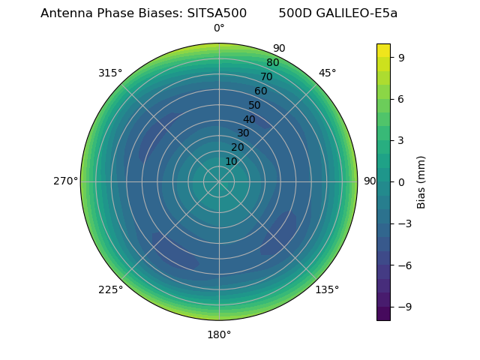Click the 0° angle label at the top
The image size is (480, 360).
tap(219, 28)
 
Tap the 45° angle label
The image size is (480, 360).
tap(327, 73)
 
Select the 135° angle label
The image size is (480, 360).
tap(327, 289)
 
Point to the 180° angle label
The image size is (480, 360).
tap(219, 334)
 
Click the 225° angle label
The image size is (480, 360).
tap(110, 289)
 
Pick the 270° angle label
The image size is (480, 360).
tap(65, 181)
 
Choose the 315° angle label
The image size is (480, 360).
tap(110, 73)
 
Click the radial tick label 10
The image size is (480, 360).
tap(231, 161)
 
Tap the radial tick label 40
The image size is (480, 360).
tap(249, 119)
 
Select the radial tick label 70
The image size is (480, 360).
tap(266, 77)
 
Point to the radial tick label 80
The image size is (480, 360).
tap(272, 63)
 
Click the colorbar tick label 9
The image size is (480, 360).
tap(402, 57)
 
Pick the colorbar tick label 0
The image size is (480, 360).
tap(402, 181)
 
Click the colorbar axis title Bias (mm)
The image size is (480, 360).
tap(421, 181)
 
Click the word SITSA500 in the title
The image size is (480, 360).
tap(217, 13)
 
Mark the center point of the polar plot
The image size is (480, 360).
tap(219, 181)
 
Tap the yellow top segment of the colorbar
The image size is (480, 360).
tap(383, 50)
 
